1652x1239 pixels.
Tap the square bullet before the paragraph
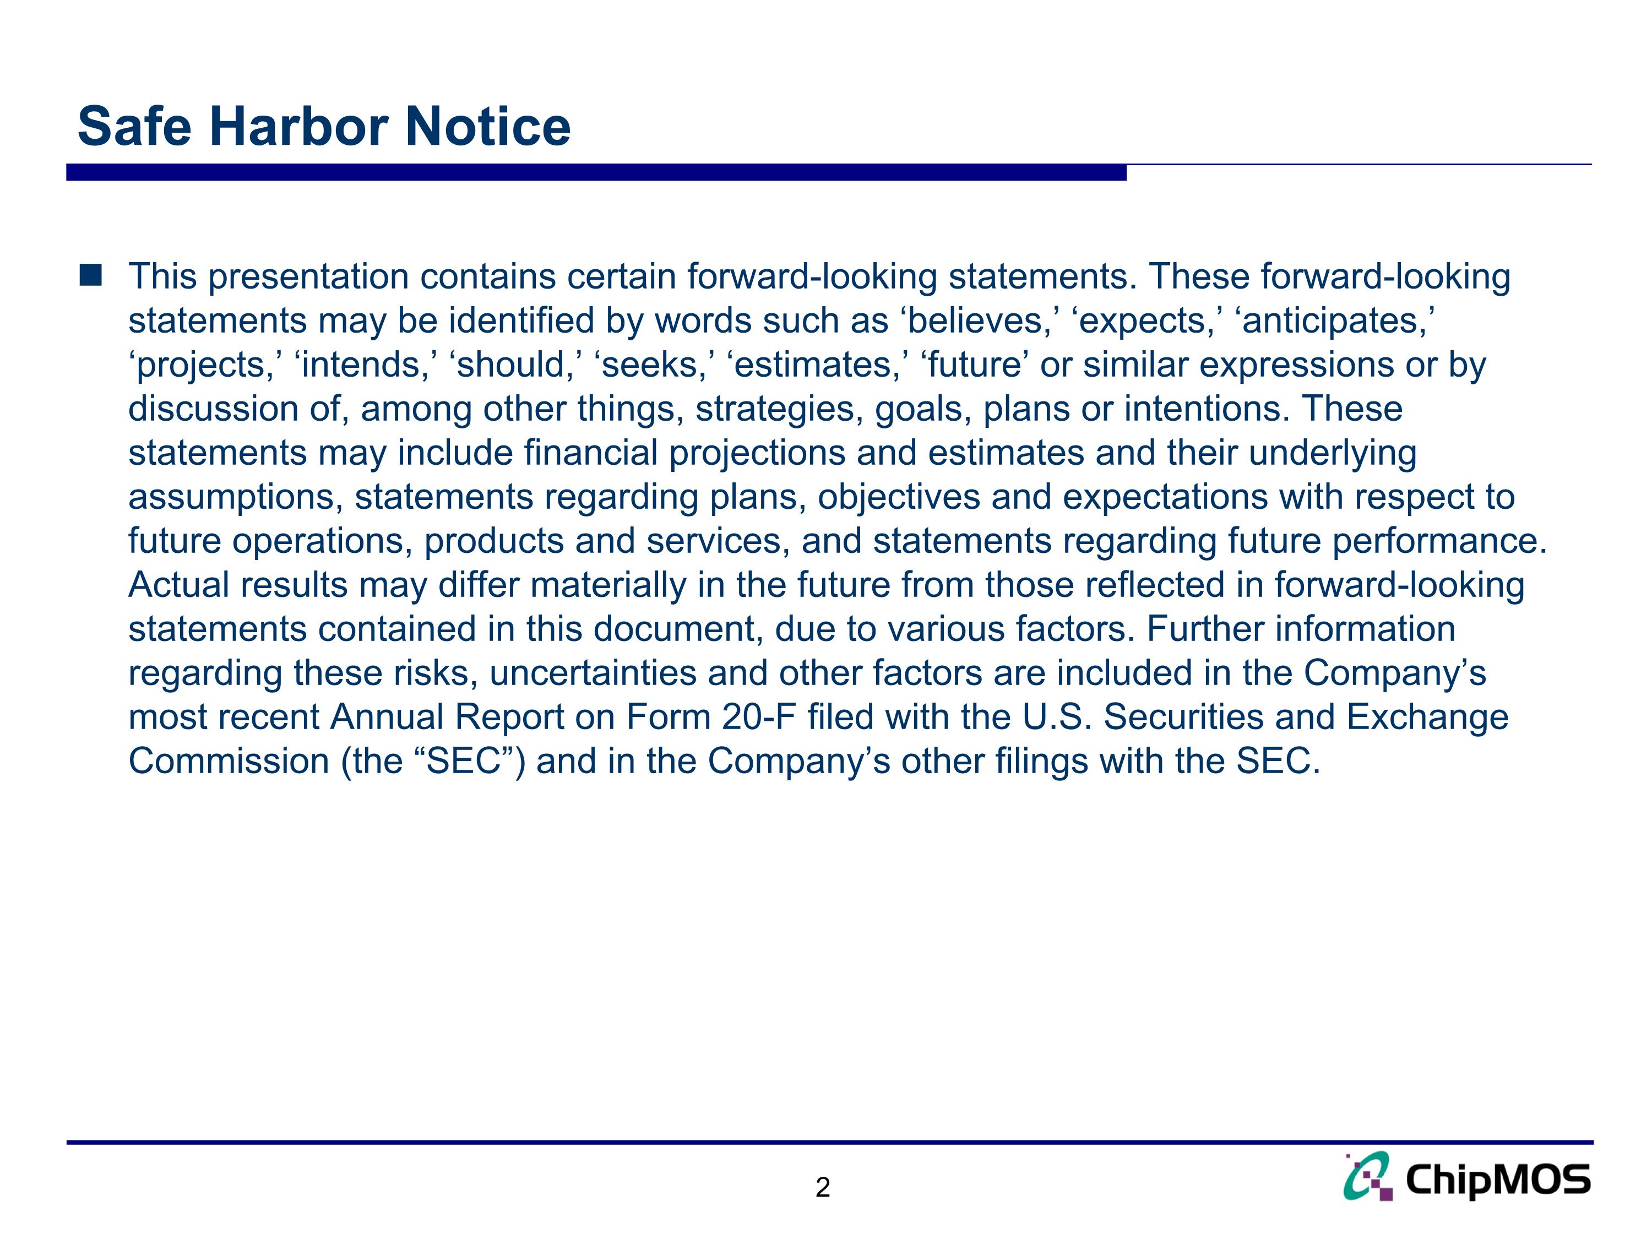click(90, 275)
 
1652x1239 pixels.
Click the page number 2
click(822, 1187)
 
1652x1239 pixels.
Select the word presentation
click(307, 277)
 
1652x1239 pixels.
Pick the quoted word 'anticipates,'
click(1335, 321)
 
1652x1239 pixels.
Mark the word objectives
click(899, 497)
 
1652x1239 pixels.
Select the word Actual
click(179, 585)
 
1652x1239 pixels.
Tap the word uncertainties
click(593, 673)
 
